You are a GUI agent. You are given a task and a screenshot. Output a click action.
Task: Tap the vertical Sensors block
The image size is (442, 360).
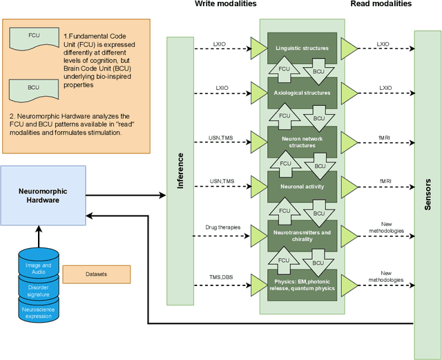427,194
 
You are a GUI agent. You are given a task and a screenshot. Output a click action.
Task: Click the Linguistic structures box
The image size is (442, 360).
302,48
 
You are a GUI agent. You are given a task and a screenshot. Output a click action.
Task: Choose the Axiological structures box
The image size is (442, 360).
302,91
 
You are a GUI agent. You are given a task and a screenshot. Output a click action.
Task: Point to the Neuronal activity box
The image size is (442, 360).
302,186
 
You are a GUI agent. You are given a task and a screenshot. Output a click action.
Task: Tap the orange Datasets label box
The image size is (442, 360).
97,274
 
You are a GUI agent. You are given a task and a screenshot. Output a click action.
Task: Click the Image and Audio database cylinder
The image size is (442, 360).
37,266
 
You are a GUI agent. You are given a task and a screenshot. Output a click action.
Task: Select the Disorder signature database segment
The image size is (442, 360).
37,289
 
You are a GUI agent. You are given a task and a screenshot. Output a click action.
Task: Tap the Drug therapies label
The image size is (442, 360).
222,227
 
